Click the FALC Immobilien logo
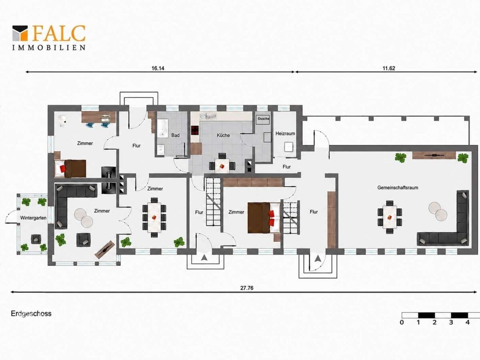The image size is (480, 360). [49, 38]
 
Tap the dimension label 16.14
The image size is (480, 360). [158, 68]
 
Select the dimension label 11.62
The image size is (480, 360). [389, 68]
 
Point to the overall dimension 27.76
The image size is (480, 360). [247, 288]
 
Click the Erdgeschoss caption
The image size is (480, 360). [31, 314]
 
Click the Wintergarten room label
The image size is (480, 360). [33, 218]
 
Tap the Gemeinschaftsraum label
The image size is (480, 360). [398, 188]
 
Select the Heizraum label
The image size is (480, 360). [285, 133]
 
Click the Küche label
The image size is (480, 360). [223, 135]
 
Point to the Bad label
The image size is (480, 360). [175, 135]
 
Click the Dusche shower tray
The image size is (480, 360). [263, 119]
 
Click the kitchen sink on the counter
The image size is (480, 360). [207, 116]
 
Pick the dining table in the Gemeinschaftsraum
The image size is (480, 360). [390, 217]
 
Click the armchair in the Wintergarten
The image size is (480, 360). [36, 239]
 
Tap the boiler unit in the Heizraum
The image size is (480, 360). [289, 147]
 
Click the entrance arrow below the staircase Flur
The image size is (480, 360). [204, 258]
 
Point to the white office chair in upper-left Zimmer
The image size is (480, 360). [63, 121]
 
